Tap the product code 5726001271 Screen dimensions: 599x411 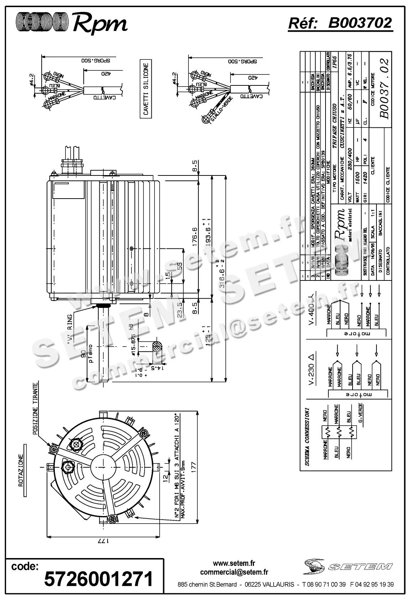point(99,579)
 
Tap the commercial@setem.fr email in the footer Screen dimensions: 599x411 point(234,572)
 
